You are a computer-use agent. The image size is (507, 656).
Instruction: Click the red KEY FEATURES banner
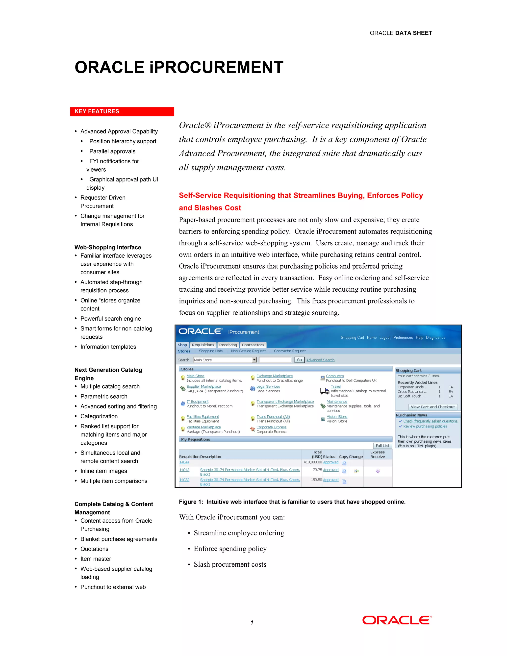(x=122, y=111)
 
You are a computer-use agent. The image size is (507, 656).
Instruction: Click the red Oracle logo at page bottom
(x=397, y=620)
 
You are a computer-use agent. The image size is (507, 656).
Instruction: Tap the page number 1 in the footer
(x=252, y=622)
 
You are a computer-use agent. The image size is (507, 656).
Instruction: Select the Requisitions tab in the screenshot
(x=203, y=345)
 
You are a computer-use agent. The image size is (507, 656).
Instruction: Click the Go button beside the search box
(x=299, y=360)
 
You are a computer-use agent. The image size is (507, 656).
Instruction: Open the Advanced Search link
(x=320, y=360)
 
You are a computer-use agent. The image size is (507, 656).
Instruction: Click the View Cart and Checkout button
(x=432, y=407)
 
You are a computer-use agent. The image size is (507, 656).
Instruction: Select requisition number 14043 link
(x=184, y=470)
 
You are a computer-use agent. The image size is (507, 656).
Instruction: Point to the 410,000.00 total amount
(x=312, y=462)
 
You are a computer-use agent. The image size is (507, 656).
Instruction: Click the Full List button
(x=382, y=446)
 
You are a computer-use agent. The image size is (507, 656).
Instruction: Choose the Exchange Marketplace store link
(x=274, y=376)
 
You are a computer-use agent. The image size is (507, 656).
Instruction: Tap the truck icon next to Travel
(x=324, y=391)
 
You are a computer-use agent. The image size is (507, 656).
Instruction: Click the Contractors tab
(x=253, y=345)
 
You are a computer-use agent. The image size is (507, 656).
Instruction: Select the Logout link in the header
(x=385, y=338)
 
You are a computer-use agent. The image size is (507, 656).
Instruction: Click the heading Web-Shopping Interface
(x=107, y=247)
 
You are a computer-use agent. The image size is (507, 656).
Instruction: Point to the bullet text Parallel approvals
(x=112, y=151)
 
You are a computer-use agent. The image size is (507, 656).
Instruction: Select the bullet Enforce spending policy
(x=230, y=549)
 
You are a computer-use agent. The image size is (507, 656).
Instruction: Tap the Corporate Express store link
(x=271, y=427)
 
